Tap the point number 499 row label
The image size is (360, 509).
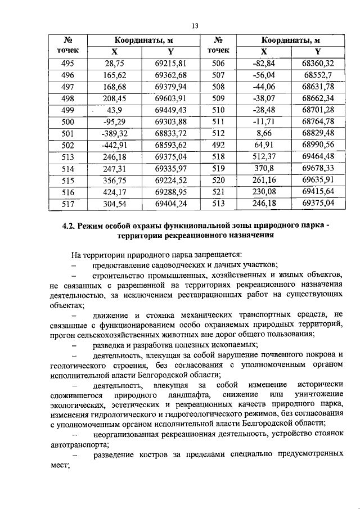67,110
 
